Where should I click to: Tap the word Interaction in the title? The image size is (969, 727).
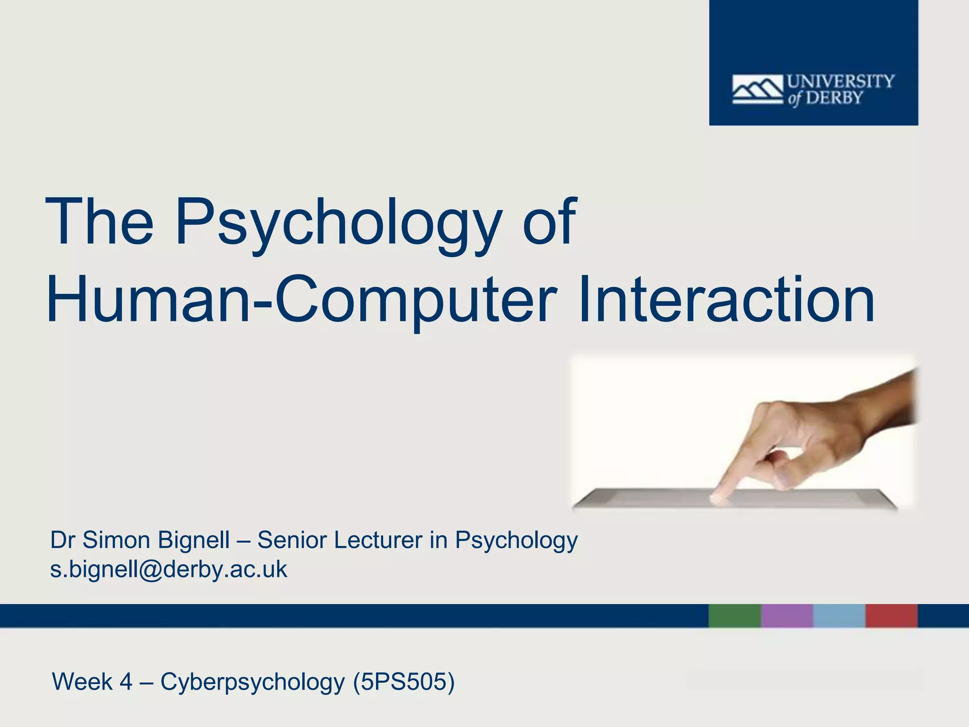tap(726, 300)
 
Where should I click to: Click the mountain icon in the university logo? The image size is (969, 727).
tap(758, 89)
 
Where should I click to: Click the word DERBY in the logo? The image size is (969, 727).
tap(835, 98)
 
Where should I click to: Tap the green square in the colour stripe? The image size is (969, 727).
tap(734, 616)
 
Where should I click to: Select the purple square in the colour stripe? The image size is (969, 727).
tap(787, 616)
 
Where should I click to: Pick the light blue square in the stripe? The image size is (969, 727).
tap(839, 616)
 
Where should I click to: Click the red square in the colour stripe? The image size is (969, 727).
tap(891, 616)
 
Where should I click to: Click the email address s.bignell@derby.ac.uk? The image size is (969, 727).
tap(168, 569)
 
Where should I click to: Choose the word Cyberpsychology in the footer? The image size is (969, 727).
tap(252, 682)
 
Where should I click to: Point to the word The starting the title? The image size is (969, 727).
tap(99, 223)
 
